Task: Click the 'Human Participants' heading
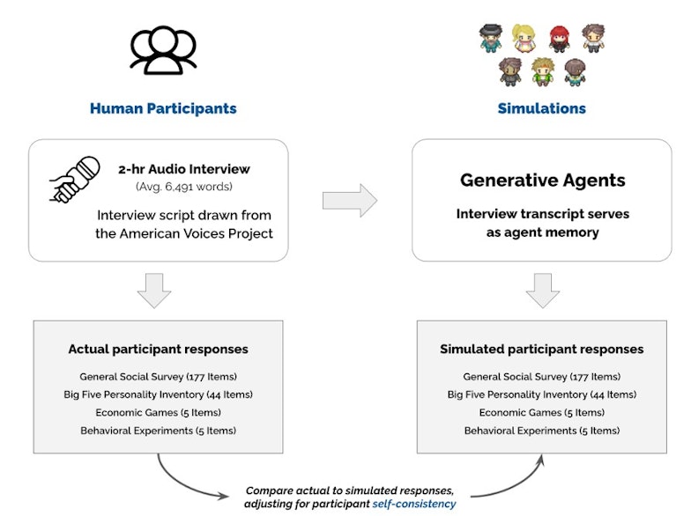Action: tap(163, 108)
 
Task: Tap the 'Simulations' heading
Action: tap(541, 108)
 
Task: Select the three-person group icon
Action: tap(163, 49)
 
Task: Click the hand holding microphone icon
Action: tap(74, 180)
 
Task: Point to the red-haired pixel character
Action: tap(560, 39)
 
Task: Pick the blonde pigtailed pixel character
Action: tap(524, 38)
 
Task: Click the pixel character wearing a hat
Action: tap(491, 39)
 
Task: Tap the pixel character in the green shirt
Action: tap(543, 72)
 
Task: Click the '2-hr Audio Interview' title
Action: tap(183, 169)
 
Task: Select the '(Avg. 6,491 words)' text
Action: tap(183, 187)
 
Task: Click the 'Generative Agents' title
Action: tap(543, 180)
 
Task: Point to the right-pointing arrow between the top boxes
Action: tap(350, 201)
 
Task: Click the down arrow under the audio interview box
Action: tap(154, 291)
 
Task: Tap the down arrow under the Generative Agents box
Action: tap(543, 291)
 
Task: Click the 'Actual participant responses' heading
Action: tap(159, 349)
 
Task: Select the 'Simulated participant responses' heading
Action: tap(541, 349)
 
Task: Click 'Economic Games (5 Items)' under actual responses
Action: tap(159, 412)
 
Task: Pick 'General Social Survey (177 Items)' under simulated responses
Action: tap(541, 377)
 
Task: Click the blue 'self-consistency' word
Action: tap(414, 504)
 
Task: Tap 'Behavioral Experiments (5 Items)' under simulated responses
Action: tap(541, 431)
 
